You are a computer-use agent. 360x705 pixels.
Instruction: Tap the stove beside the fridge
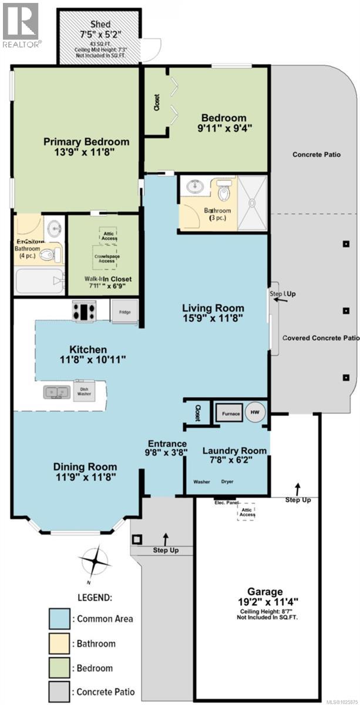[84, 310]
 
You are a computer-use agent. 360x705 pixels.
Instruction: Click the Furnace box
[231, 414]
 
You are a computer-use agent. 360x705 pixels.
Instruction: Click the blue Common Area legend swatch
[60, 618]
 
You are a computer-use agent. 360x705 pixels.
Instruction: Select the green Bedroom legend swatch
[60, 668]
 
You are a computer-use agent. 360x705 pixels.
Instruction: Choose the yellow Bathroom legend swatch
[60, 643]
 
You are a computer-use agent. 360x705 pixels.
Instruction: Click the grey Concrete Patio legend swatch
[60, 693]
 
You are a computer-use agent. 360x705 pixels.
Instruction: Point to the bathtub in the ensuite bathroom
[38, 281]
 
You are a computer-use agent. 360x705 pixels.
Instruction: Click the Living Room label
[213, 308]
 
